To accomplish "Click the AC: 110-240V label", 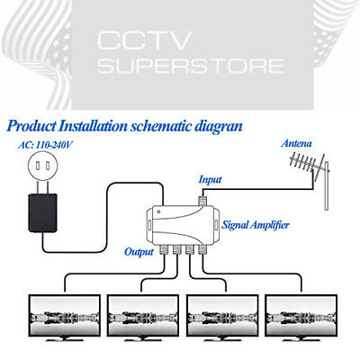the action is point(45,145).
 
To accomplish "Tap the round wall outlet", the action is point(42,166).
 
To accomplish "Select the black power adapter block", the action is point(42,213).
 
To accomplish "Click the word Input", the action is point(210,180).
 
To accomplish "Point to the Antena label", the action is point(296,143).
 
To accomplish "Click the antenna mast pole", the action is point(327,186).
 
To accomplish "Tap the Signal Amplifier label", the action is point(256,225).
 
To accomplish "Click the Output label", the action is point(139,252).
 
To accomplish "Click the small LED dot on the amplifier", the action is point(158,211).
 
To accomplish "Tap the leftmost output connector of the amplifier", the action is point(164,249).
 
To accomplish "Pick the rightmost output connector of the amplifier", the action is point(202,249).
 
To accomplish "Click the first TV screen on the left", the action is point(65,316).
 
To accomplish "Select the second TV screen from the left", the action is point(143,316).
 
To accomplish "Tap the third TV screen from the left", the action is point(222,316).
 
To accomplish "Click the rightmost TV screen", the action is point(301,316).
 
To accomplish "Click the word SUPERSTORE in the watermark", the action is point(191,66).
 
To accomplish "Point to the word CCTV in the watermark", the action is point(144,40).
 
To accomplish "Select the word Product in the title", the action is point(31,126).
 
